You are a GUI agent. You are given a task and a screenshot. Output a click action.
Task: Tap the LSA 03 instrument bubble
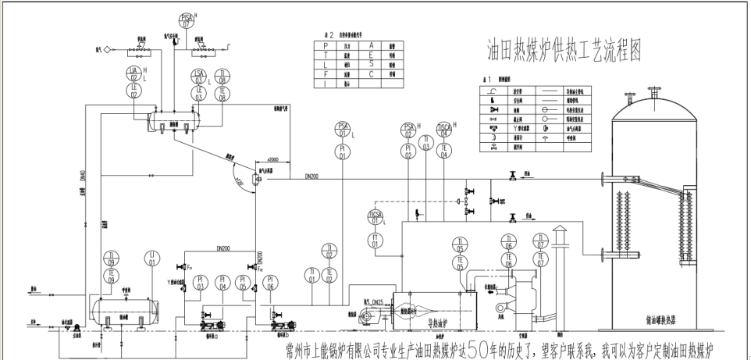[x=200, y=75]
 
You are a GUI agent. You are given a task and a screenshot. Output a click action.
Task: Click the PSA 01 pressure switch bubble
[x=343, y=129]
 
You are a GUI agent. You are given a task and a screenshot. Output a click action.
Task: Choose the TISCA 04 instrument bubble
[x=444, y=129]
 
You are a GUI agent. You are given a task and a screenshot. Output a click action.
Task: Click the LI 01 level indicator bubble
[x=152, y=258]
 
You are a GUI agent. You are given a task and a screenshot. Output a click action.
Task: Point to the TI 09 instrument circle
[x=112, y=258]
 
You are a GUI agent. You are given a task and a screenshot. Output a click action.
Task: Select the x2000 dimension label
[x=273, y=159]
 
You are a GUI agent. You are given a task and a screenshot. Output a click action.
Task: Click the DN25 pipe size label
[x=379, y=301]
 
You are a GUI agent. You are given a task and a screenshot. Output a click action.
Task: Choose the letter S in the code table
[x=370, y=64]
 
